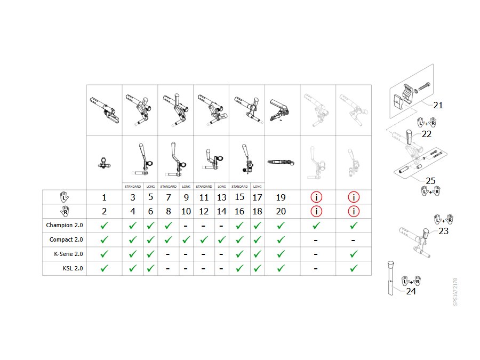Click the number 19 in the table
pyautogui.click(x=281, y=197)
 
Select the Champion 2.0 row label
pyautogui.click(x=65, y=225)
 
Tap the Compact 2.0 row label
pyautogui.click(x=66, y=239)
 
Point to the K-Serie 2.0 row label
pyautogui.click(x=68, y=254)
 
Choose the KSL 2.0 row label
pyautogui.click(x=73, y=268)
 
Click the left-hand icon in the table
pyautogui.click(x=64, y=197)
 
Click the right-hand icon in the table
pyautogui.click(x=65, y=211)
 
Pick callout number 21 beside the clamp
pyautogui.click(x=438, y=105)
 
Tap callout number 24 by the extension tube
pyautogui.click(x=411, y=291)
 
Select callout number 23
pyautogui.click(x=443, y=231)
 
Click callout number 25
pyautogui.click(x=430, y=181)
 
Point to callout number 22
pyautogui.click(x=427, y=134)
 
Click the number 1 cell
pyautogui.click(x=104, y=197)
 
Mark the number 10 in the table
pyautogui.click(x=186, y=212)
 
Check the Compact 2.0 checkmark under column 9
pyautogui.click(x=186, y=239)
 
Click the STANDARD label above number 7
pyautogui.click(x=169, y=187)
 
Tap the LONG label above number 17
pyautogui.click(x=258, y=187)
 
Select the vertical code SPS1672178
pyautogui.click(x=455, y=292)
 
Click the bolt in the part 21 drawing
pyautogui.click(x=423, y=86)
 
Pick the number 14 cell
pyautogui.click(x=222, y=212)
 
